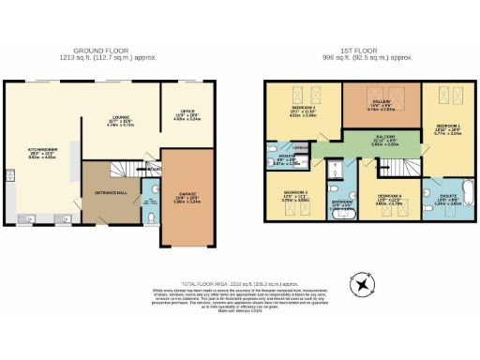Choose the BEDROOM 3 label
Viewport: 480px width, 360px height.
295,195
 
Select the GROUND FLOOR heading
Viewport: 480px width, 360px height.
115,52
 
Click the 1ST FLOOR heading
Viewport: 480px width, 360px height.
371,52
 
